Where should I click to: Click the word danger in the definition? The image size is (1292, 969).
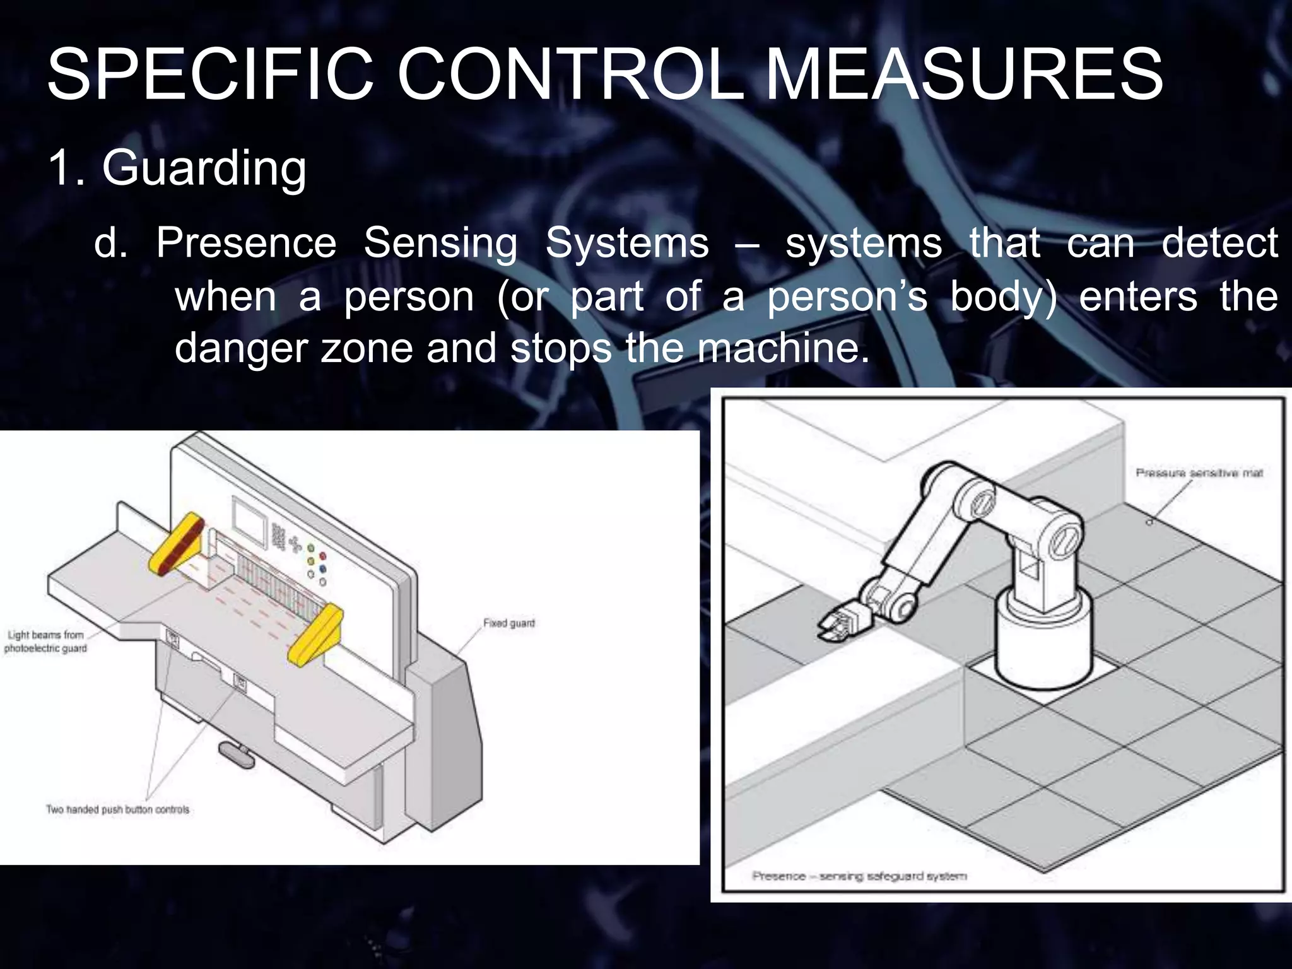click(240, 348)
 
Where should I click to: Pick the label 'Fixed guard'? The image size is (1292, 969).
click(508, 623)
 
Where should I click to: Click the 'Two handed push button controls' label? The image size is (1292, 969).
click(117, 809)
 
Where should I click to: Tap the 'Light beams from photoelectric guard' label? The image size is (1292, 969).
click(45, 642)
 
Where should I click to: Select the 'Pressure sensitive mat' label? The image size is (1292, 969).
click(1199, 473)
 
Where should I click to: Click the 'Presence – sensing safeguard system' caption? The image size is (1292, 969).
click(859, 876)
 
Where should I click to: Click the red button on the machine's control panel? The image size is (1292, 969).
click(323, 556)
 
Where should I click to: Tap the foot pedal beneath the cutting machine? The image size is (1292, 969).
click(236, 754)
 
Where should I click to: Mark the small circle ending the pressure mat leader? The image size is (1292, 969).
click(1149, 522)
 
